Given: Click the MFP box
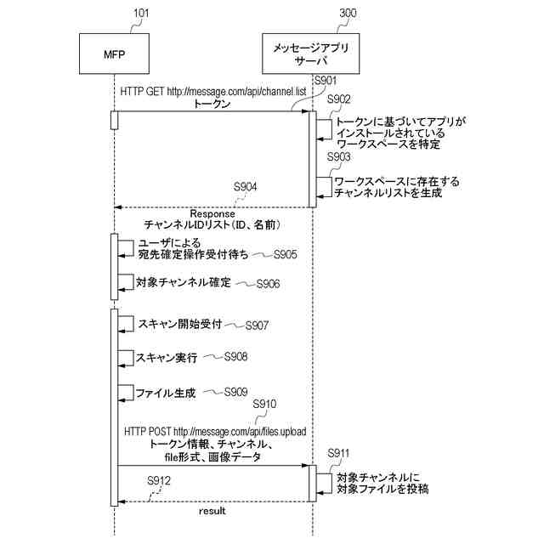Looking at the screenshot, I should point(113,56).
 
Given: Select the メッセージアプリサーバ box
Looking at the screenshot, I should point(312,56).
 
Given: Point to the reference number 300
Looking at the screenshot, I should point(348,14).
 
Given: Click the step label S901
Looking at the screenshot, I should point(326,81).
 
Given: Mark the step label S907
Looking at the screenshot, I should point(257,326).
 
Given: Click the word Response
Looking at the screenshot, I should point(212,213).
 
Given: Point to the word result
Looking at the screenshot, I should point(212,512).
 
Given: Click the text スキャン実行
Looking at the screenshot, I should point(167,359).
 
